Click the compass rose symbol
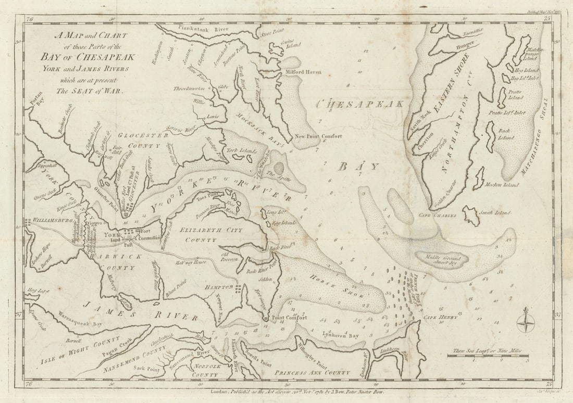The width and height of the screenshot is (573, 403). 525,320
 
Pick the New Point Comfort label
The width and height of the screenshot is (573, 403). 318,136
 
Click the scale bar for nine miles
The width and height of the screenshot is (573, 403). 488,356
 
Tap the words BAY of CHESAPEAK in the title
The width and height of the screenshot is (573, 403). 93,57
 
